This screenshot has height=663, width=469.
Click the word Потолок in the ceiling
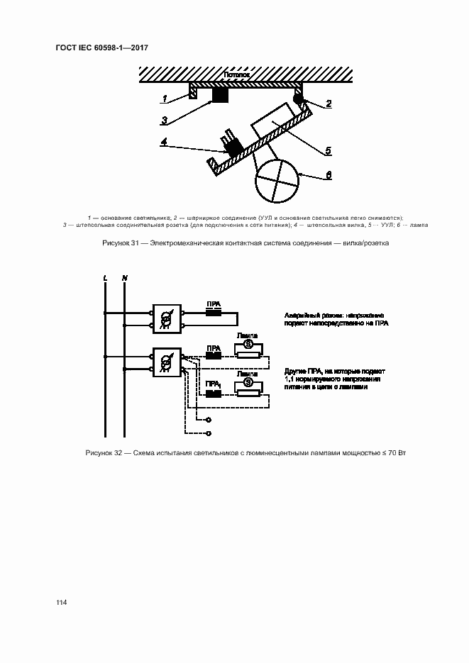click(x=236, y=74)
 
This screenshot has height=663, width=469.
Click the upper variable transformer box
click(x=167, y=319)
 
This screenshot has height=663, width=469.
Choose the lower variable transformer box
click(x=167, y=362)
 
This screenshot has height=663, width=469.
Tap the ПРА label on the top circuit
click(x=213, y=303)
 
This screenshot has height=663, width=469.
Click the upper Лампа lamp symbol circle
click(x=248, y=343)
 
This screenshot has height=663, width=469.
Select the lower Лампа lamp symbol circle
click(x=248, y=381)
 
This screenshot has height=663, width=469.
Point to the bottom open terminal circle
click(x=208, y=433)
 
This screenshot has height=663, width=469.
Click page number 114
click(x=62, y=603)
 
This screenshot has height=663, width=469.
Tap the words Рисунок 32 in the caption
click(x=105, y=452)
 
